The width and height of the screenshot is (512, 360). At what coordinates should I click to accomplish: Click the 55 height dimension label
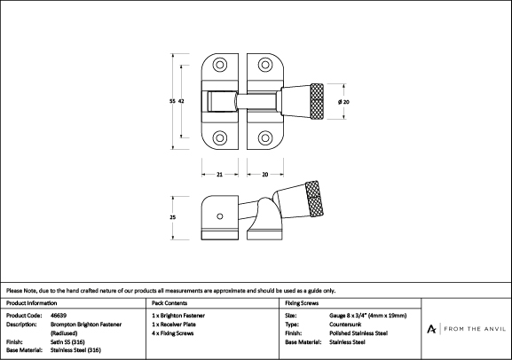tap(172, 101)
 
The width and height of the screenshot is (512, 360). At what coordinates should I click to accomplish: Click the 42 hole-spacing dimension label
tap(181, 101)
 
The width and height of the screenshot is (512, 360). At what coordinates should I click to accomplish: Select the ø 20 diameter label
tap(343, 102)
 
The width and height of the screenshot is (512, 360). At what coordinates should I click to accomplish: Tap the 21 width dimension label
tap(219, 175)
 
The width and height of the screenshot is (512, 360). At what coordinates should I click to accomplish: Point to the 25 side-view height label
tap(173, 217)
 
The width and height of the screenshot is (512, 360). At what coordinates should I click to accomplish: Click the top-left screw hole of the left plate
tap(220, 65)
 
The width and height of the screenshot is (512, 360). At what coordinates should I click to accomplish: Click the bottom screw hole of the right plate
tap(265, 137)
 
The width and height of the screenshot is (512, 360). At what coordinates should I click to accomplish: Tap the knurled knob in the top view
tap(317, 101)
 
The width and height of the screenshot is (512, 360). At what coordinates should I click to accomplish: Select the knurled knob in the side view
tap(315, 198)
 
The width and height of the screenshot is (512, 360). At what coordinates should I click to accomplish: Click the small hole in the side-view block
tap(220, 216)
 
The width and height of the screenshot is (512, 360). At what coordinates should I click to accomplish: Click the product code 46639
tap(59, 316)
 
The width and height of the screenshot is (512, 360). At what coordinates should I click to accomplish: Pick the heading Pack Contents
tap(169, 303)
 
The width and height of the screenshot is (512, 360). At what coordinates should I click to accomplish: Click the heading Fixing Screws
tap(302, 303)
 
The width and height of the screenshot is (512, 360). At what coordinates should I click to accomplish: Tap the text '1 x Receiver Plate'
tap(174, 325)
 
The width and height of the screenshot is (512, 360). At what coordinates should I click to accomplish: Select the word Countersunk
tap(345, 325)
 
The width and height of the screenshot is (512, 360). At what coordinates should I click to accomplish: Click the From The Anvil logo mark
tap(431, 329)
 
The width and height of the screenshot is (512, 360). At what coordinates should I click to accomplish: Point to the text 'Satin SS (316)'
tap(67, 342)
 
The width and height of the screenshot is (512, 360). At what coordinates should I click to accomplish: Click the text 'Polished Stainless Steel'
tap(358, 333)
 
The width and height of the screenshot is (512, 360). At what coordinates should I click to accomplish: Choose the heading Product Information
tap(31, 303)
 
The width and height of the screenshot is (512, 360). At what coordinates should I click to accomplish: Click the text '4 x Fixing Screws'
tap(173, 333)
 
